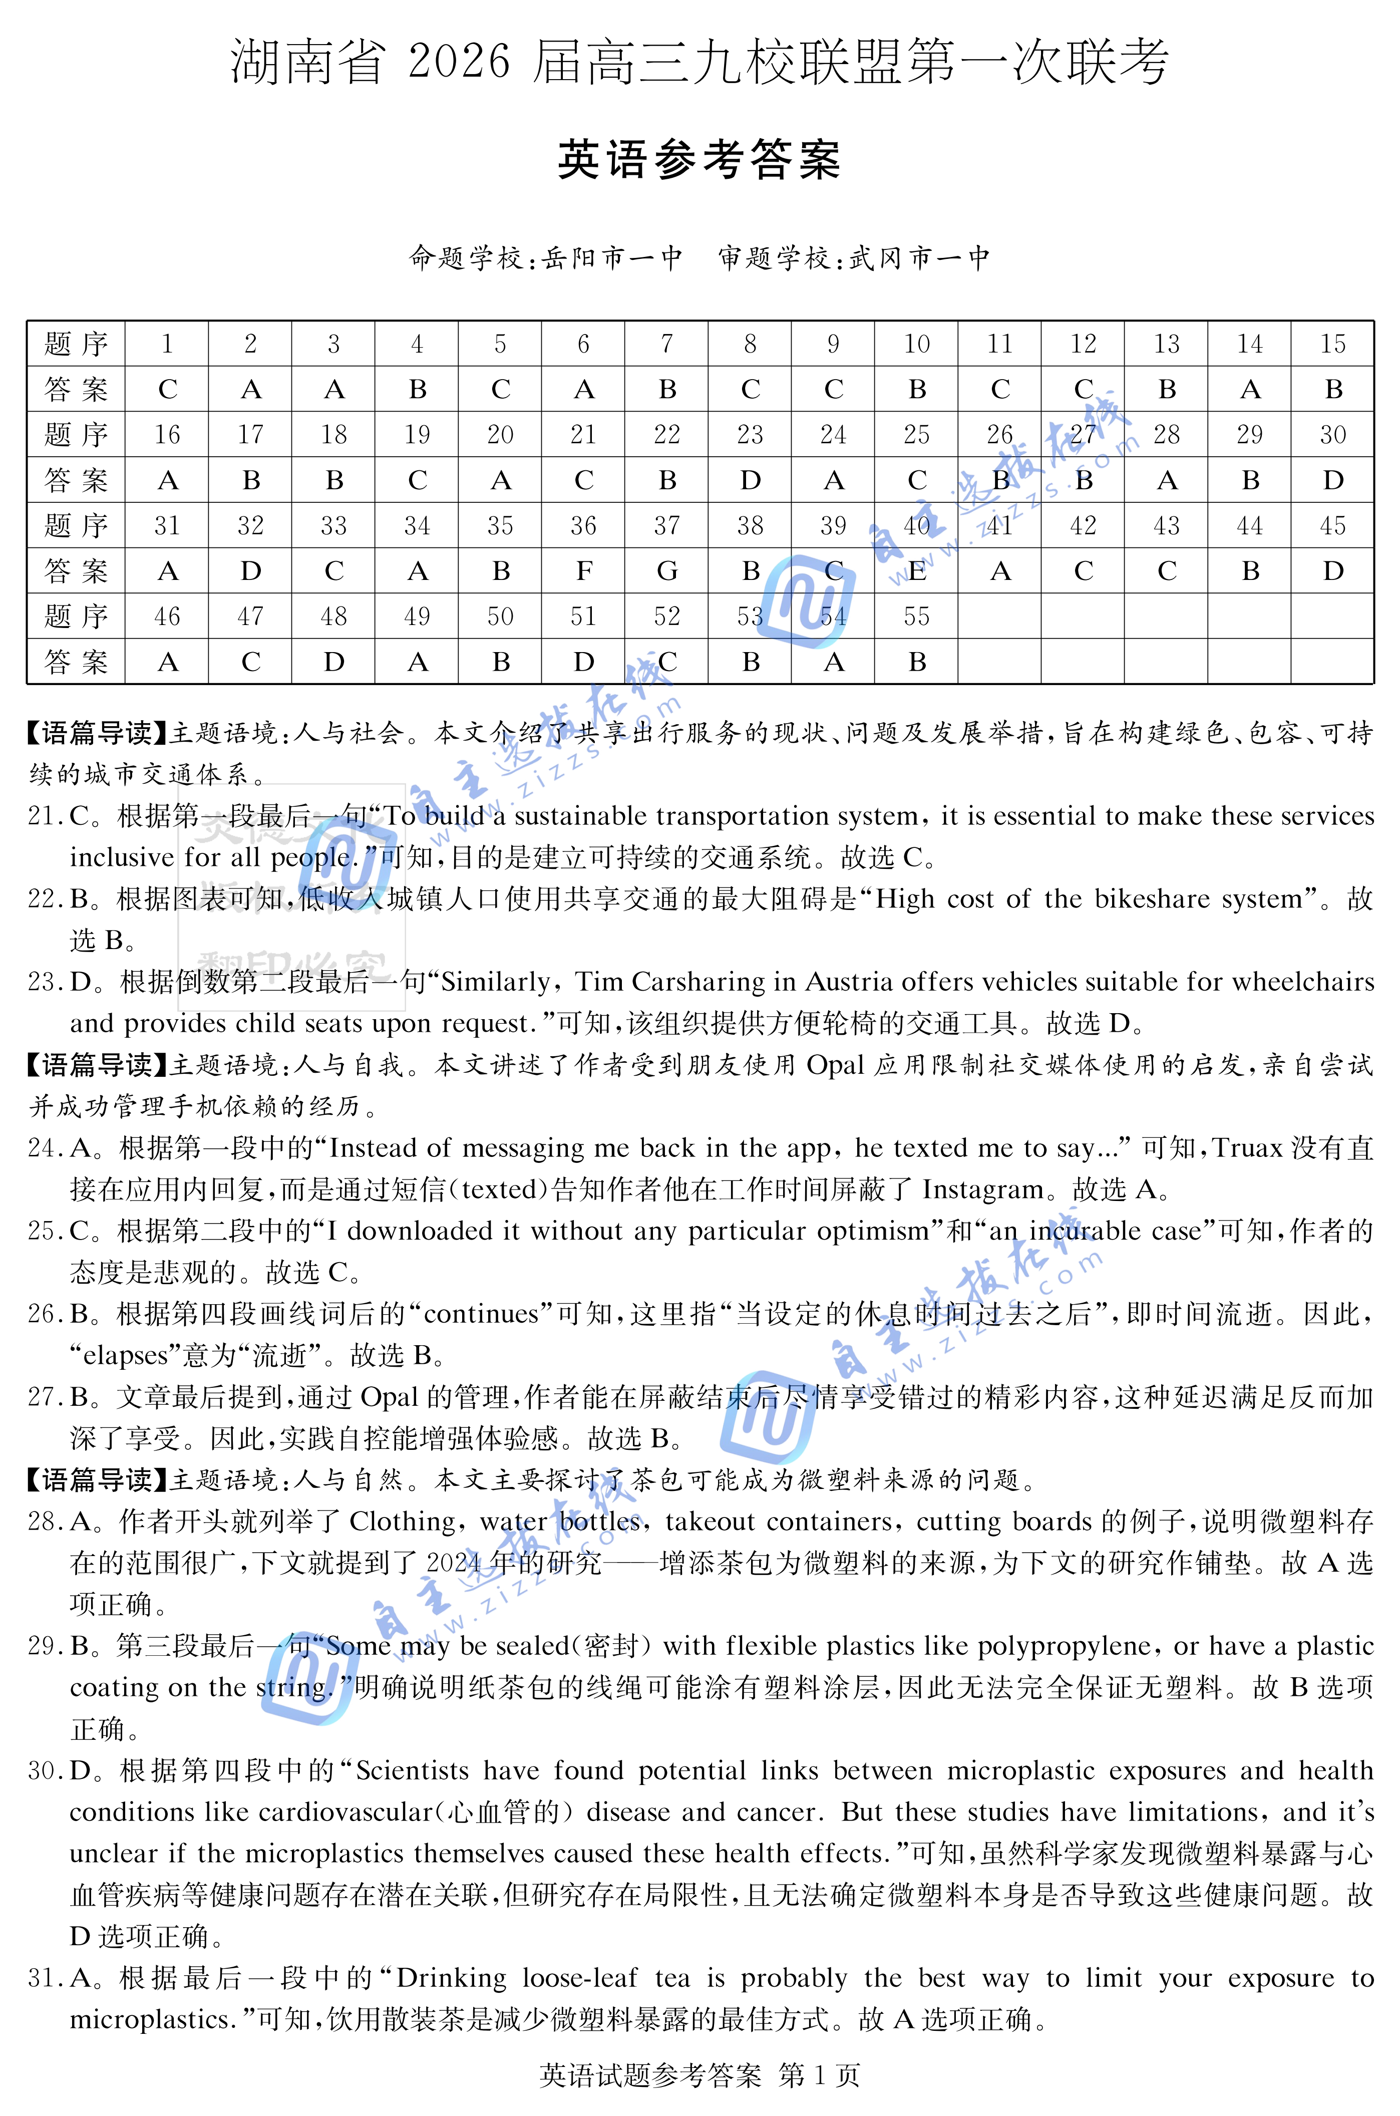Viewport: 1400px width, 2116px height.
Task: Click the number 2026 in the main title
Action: (x=459, y=63)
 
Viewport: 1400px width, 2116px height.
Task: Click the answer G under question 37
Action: (x=667, y=571)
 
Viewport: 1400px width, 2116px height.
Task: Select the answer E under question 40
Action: (x=917, y=571)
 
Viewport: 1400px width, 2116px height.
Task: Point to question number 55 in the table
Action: (x=917, y=617)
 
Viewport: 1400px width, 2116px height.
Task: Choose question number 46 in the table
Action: (x=167, y=617)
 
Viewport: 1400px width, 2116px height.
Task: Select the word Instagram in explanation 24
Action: (x=982, y=1190)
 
